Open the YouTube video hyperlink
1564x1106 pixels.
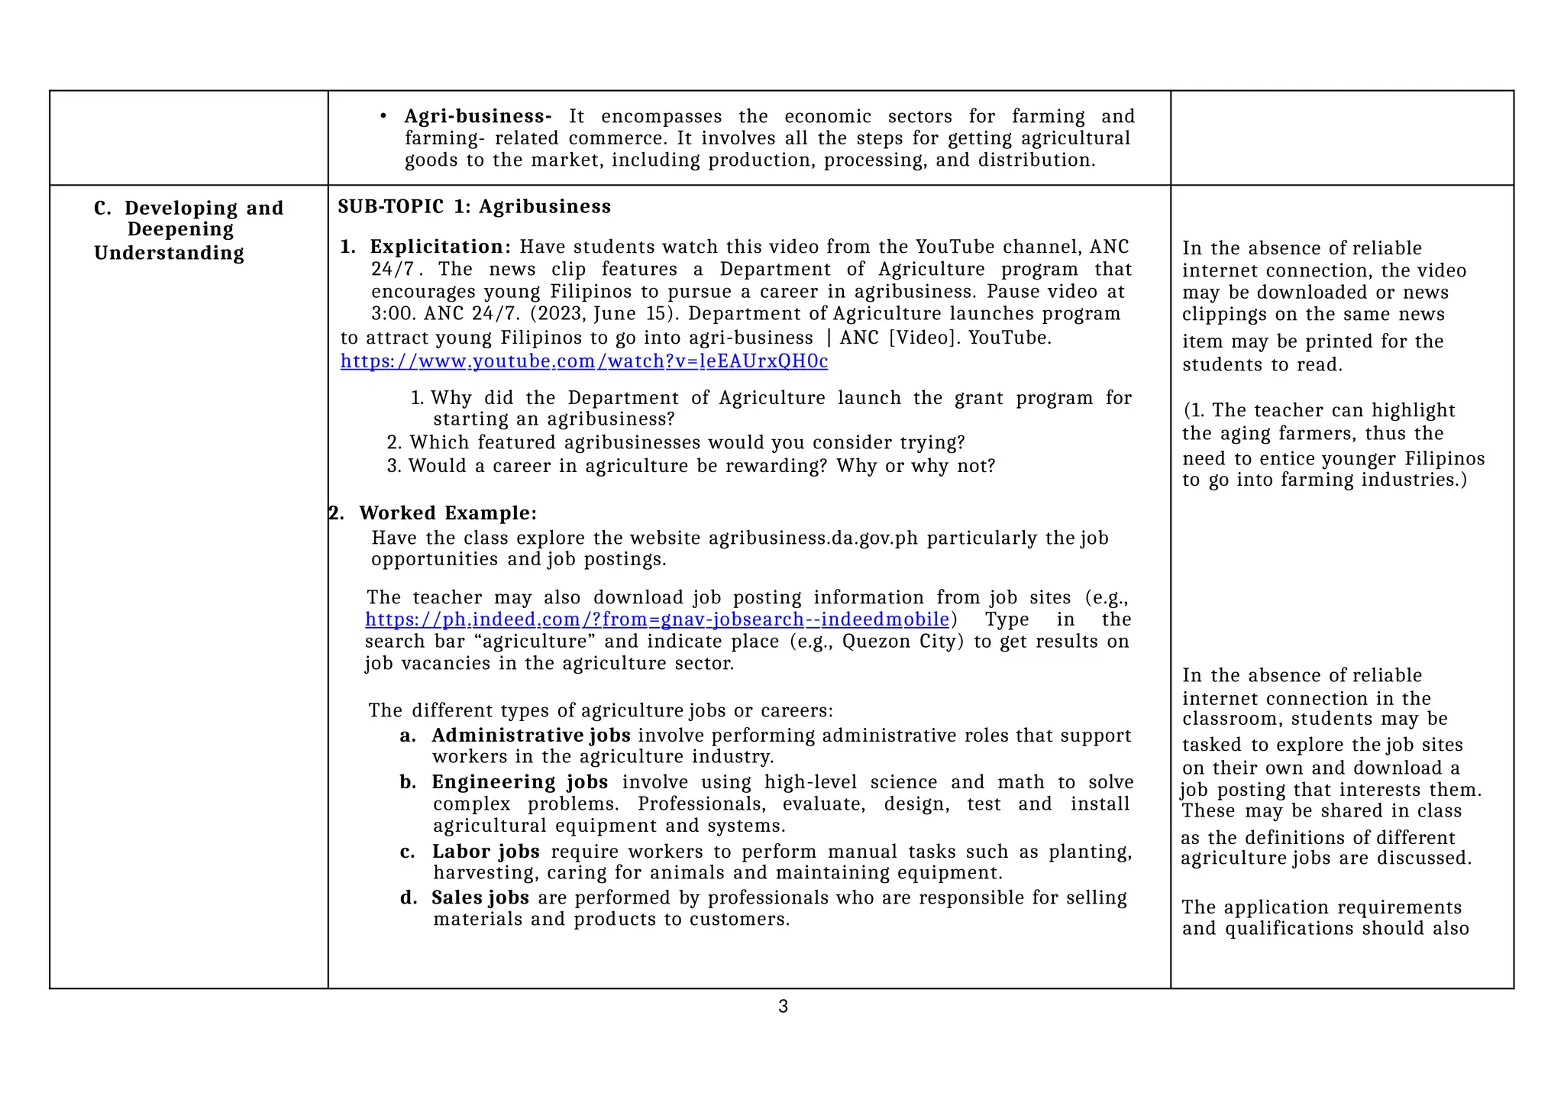coord(583,361)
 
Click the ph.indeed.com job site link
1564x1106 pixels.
coord(657,619)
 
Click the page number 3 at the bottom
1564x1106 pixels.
coord(783,1007)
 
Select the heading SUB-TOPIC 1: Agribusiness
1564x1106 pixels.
coord(474,207)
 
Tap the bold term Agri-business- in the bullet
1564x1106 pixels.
coord(477,117)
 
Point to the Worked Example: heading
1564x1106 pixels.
coord(448,513)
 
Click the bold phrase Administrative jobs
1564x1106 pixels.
coord(531,736)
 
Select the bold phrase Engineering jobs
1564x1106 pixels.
coord(519,782)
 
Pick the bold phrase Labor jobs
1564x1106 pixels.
coord(486,852)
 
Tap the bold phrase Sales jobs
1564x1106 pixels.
coord(480,897)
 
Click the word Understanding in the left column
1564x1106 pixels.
coord(169,253)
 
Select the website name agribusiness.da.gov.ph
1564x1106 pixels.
coord(813,538)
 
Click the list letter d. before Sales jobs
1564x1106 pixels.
coord(408,897)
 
